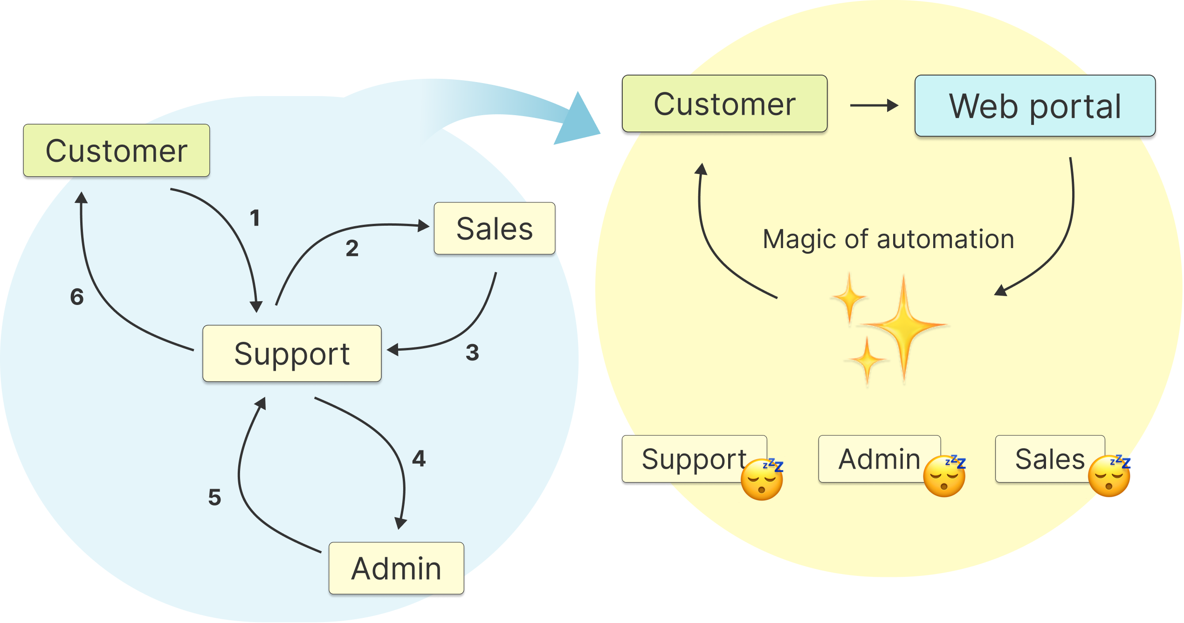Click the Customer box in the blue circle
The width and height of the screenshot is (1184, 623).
coord(117,151)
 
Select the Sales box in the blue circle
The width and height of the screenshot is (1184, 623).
coord(495,228)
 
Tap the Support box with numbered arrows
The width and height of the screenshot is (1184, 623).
coord(292,353)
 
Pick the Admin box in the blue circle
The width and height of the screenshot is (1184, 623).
coord(396,568)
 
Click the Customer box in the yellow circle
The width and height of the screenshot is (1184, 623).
coord(724,104)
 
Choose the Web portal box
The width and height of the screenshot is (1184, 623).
coord(1035,106)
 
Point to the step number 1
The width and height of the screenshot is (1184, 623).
coord(255,218)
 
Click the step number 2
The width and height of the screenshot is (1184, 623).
coord(352,248)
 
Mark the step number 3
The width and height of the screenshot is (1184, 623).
coord(472,352)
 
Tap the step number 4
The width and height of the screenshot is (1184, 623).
coord(419,458)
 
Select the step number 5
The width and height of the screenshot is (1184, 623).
coord(214,497)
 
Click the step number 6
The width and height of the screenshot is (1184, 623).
coord(77,297)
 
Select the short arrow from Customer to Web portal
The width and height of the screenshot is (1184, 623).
coord(874,105)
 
